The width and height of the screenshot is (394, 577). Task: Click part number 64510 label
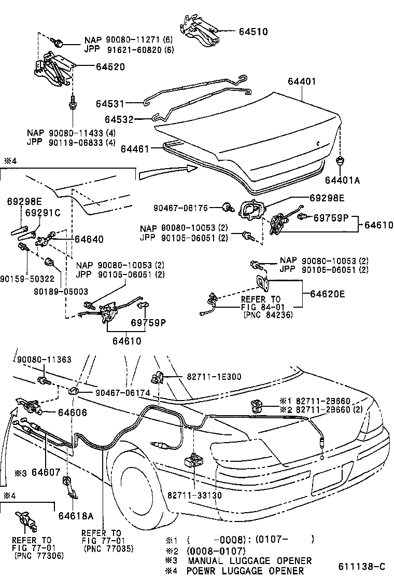click(x=253, y=32)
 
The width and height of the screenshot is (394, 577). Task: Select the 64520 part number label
click(x=110, y=67)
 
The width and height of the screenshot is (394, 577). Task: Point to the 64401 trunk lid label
click(x=302, y=81)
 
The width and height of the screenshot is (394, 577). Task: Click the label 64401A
click(x=342, y=180)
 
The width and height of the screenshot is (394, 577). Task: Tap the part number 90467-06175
click(x=180, y=208)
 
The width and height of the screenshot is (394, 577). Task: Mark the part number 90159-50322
click(x=27, y=279)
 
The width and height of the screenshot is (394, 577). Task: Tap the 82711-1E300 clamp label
click(x=211, y=376)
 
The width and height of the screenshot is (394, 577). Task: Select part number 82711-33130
click(x=194, y=496)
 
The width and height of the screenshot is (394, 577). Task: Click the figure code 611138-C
click(x=362, y=566)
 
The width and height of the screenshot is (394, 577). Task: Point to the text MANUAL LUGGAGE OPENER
click(x=249, y=560)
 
